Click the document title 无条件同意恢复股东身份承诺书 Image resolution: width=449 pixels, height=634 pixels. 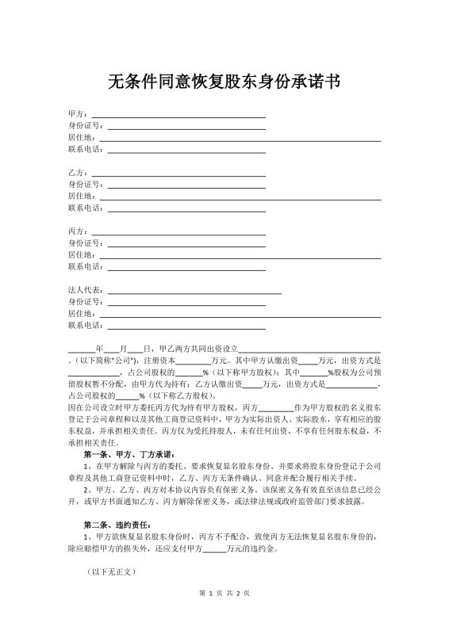pyautogui.click(x=224, y=82)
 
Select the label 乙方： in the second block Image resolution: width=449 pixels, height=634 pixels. pyautogui.click(x=79, y=172)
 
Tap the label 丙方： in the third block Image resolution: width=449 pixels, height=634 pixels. pyautogui.click(x=79, y=231)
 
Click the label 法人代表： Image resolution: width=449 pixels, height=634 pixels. pyautogui.click(x=86, y=290)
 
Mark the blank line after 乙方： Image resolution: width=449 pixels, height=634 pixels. pyautogui.click(x=178, y=174)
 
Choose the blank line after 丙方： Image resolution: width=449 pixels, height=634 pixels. pyautogui.click(x=178, y=232)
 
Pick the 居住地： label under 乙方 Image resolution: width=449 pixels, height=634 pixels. pyautogui.click(x=83, y=195)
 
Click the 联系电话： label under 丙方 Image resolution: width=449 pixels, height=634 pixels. pyautogui.click(x=86, y=266)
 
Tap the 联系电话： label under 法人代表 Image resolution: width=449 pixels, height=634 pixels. pyautogui.click(x=86, y=325)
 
